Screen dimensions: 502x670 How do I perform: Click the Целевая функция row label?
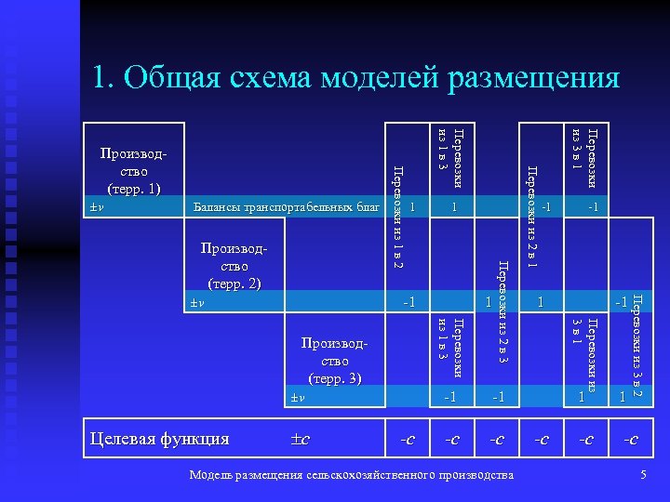pos(158,438)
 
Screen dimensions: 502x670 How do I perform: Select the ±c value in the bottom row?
pos(299,439)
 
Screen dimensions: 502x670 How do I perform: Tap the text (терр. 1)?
pos(134,189)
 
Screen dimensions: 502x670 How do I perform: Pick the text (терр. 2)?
pos(231,284)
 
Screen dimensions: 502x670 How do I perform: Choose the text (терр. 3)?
pos(334,378)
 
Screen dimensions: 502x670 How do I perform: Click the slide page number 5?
pos(643,476)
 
